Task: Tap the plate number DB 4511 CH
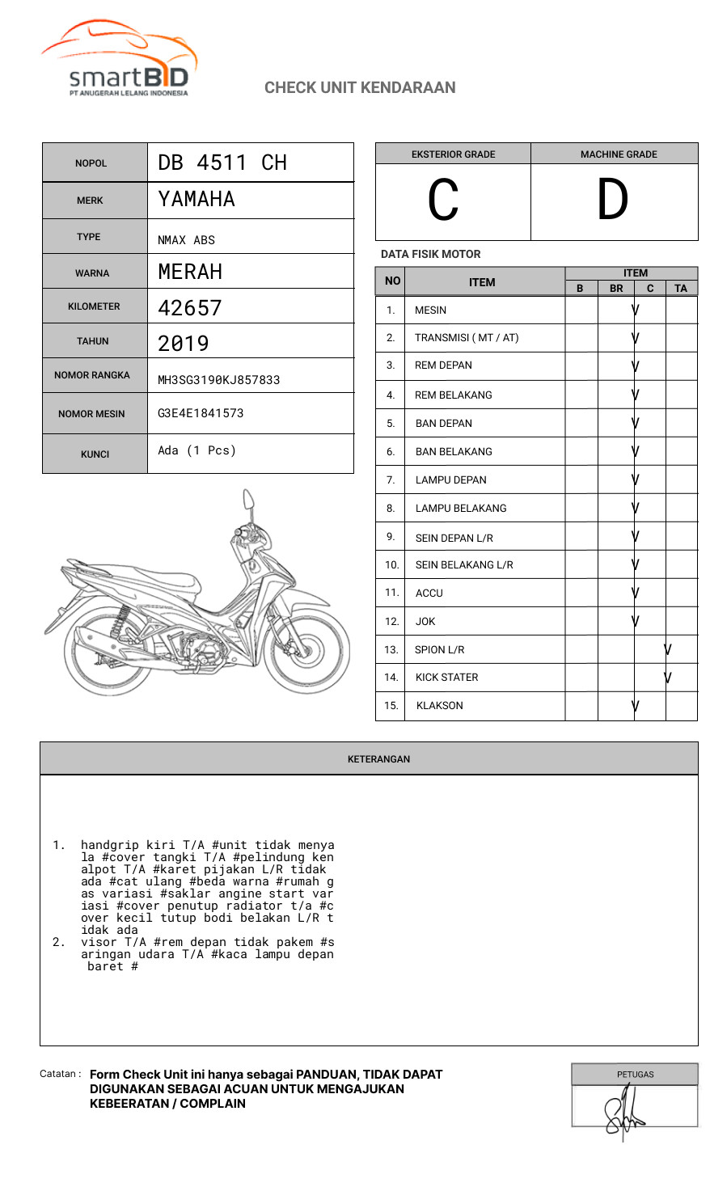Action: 222,163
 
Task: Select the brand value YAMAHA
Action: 197,199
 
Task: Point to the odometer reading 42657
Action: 190,308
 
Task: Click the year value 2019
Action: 184,344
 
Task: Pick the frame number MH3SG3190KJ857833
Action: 218,380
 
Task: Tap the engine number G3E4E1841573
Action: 201,413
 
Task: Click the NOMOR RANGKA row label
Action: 92,375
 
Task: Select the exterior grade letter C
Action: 443,201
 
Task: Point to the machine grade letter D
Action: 612,201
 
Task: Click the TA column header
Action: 681,289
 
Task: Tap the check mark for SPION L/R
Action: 667,649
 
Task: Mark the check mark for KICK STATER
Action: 667,678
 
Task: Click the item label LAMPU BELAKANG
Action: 461,508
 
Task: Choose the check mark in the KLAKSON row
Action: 636,706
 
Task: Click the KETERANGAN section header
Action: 378,759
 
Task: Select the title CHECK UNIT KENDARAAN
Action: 360,87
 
